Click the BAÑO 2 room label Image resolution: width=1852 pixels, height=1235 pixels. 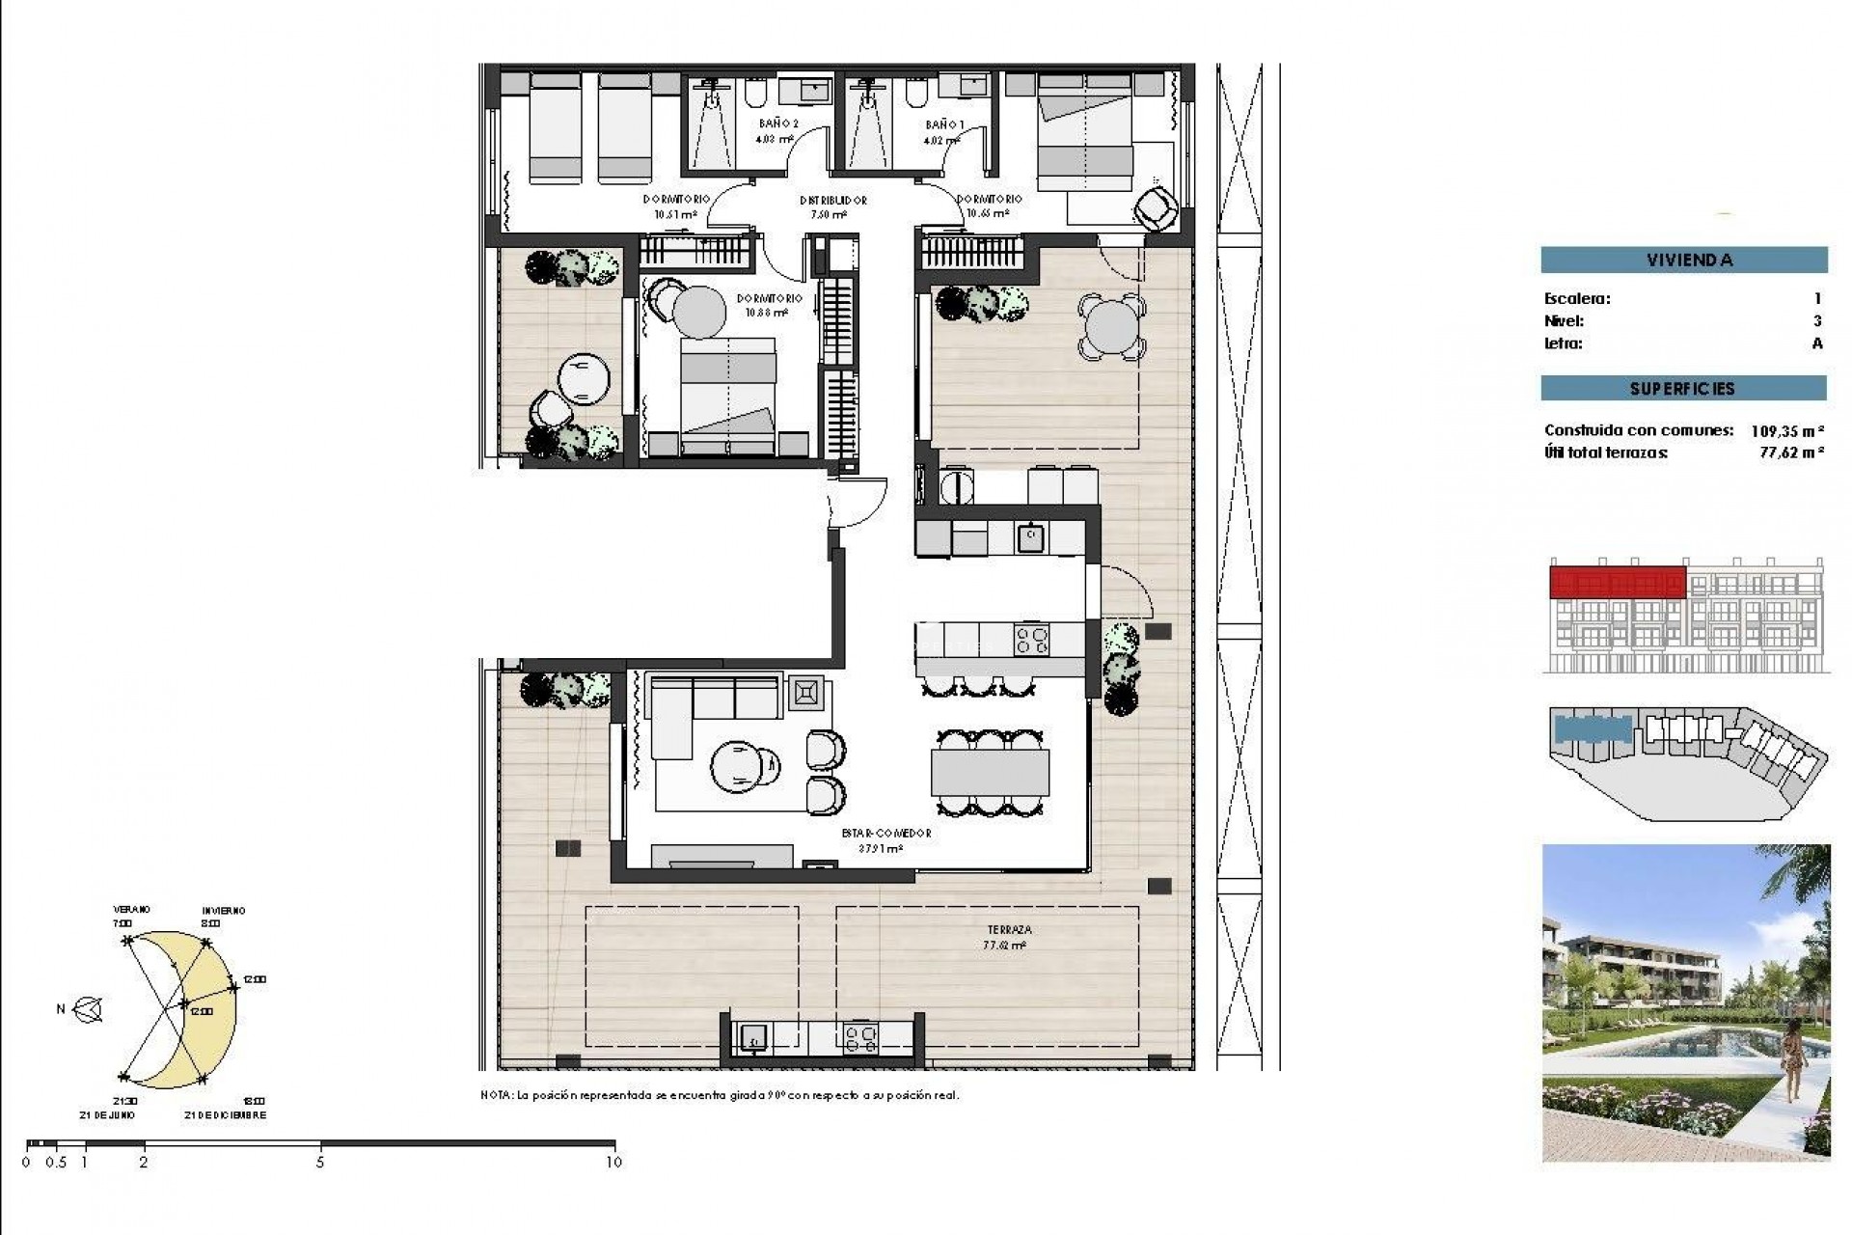(778, 123)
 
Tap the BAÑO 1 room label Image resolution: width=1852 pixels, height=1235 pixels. (943, 124)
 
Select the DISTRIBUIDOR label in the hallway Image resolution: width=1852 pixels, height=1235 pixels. (832, 201)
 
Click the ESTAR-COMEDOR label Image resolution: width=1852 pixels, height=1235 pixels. (885, 833)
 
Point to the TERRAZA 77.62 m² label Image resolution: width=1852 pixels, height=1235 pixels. (1008, 937)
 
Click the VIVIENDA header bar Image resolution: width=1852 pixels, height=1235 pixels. (1683, 260)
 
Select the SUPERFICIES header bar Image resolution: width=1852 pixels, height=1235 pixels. (1683, 389)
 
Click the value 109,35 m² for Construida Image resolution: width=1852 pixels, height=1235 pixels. (1786, 431)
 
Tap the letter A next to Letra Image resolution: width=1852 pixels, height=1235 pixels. (1817, 343)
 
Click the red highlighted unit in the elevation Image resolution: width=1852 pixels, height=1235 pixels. (1617, 583)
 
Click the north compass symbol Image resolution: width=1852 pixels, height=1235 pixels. (90, 1009)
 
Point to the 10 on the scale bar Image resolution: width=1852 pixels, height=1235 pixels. (613, 1163)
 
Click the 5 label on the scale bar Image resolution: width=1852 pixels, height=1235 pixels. (320, 1163)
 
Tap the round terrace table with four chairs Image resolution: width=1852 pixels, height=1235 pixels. (1111, 328)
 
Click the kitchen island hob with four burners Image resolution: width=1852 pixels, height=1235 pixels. (1031, 639)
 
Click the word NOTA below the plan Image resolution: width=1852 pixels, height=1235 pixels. (496, 1096)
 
